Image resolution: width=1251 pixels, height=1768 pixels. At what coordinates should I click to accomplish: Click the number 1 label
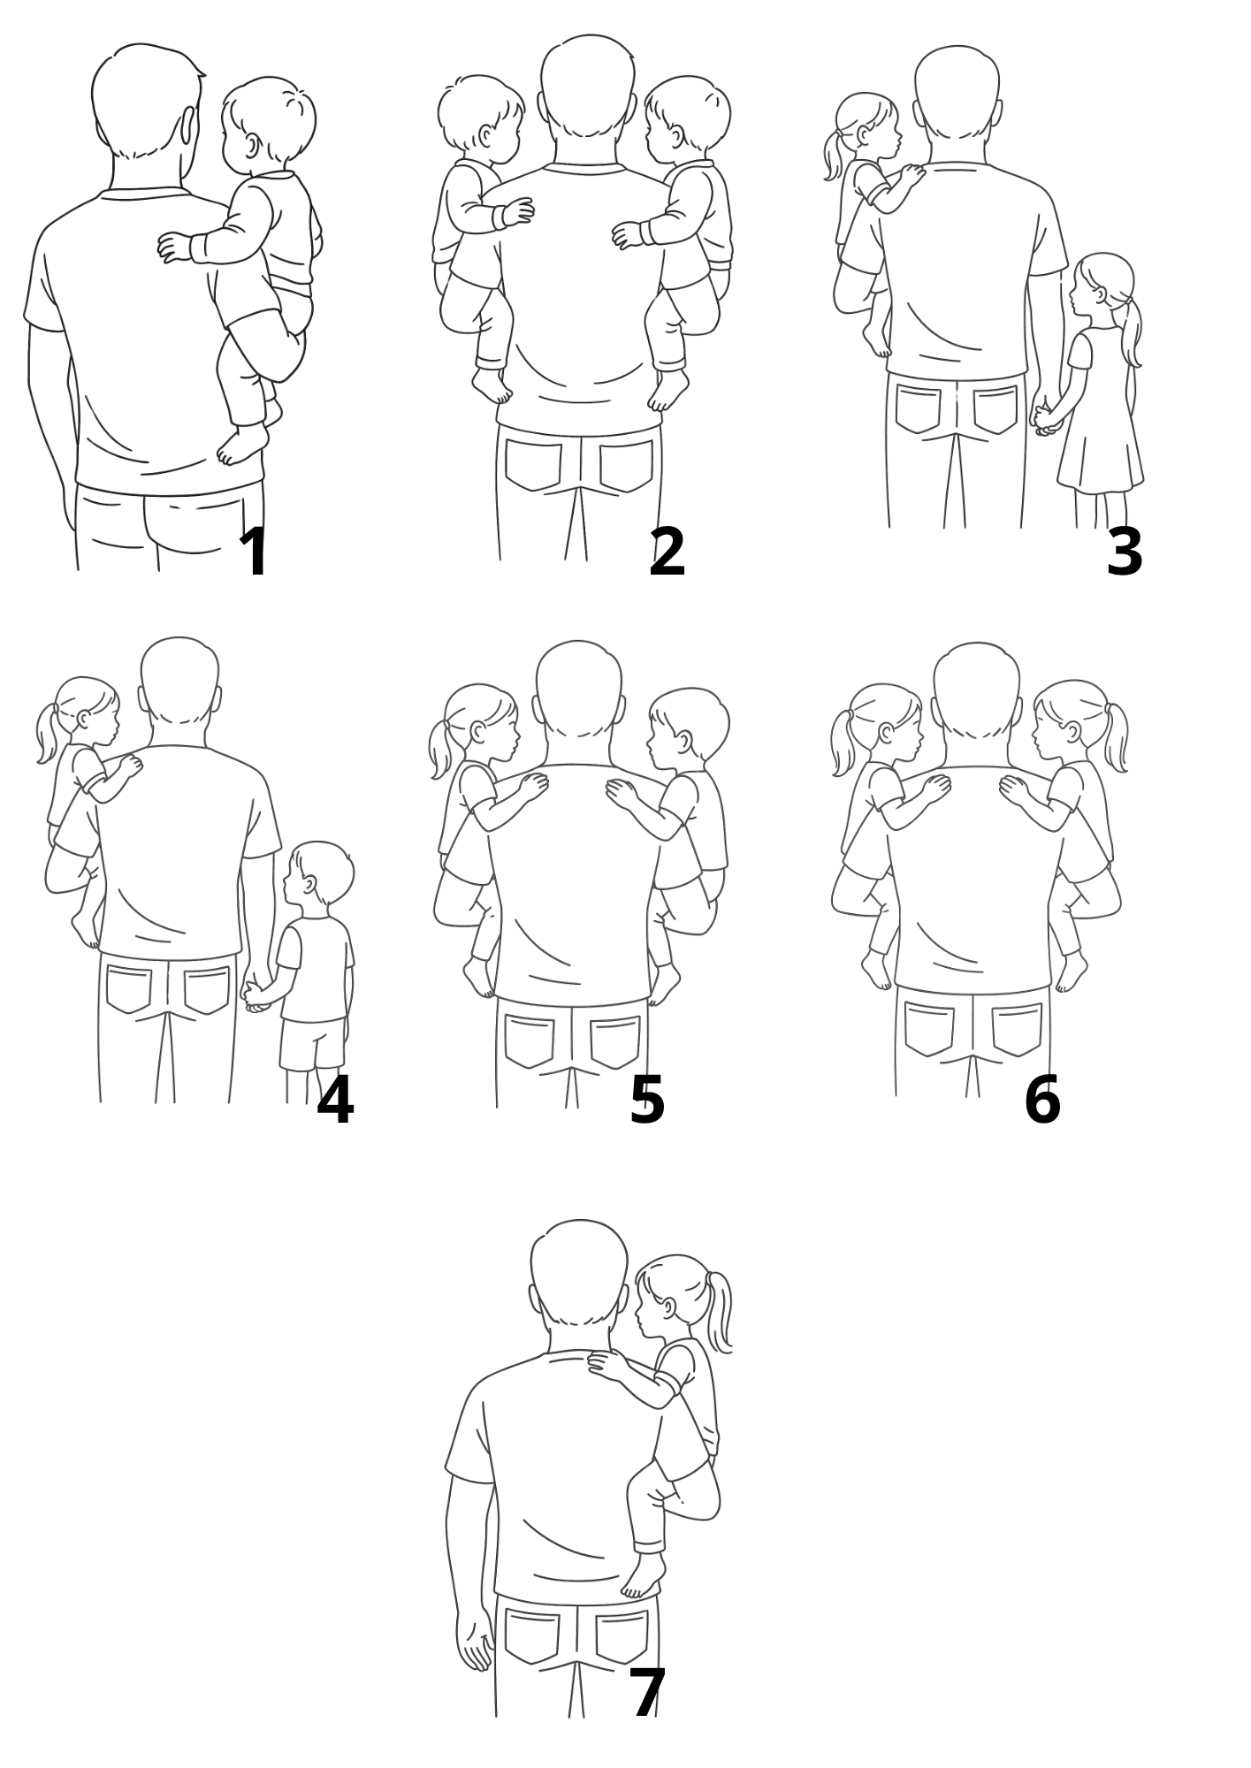(x=255, y=552)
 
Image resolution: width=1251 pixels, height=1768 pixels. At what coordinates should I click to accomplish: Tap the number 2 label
(x=667, y=552)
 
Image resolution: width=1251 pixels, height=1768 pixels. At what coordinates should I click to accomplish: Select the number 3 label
(x=1125, y=552)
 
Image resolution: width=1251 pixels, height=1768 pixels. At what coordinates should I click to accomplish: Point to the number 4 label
(x=335, y=1101)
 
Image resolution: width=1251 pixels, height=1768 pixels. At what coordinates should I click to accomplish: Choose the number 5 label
(x=647, y=1101)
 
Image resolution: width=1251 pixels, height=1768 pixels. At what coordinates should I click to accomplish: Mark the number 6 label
(x=1042, y=1101)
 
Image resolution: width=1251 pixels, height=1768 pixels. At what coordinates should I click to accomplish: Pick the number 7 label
(x=648, y=1694)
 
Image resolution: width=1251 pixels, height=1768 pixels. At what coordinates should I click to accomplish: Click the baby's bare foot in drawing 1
(x=242, y=445)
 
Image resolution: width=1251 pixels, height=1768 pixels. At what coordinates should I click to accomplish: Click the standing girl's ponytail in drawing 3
(x=1131, y=331)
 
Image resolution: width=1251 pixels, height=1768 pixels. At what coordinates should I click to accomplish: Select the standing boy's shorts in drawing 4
(x=313, y=1044)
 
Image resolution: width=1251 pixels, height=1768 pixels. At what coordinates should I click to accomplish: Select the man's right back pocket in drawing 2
(x=627, y=467)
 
